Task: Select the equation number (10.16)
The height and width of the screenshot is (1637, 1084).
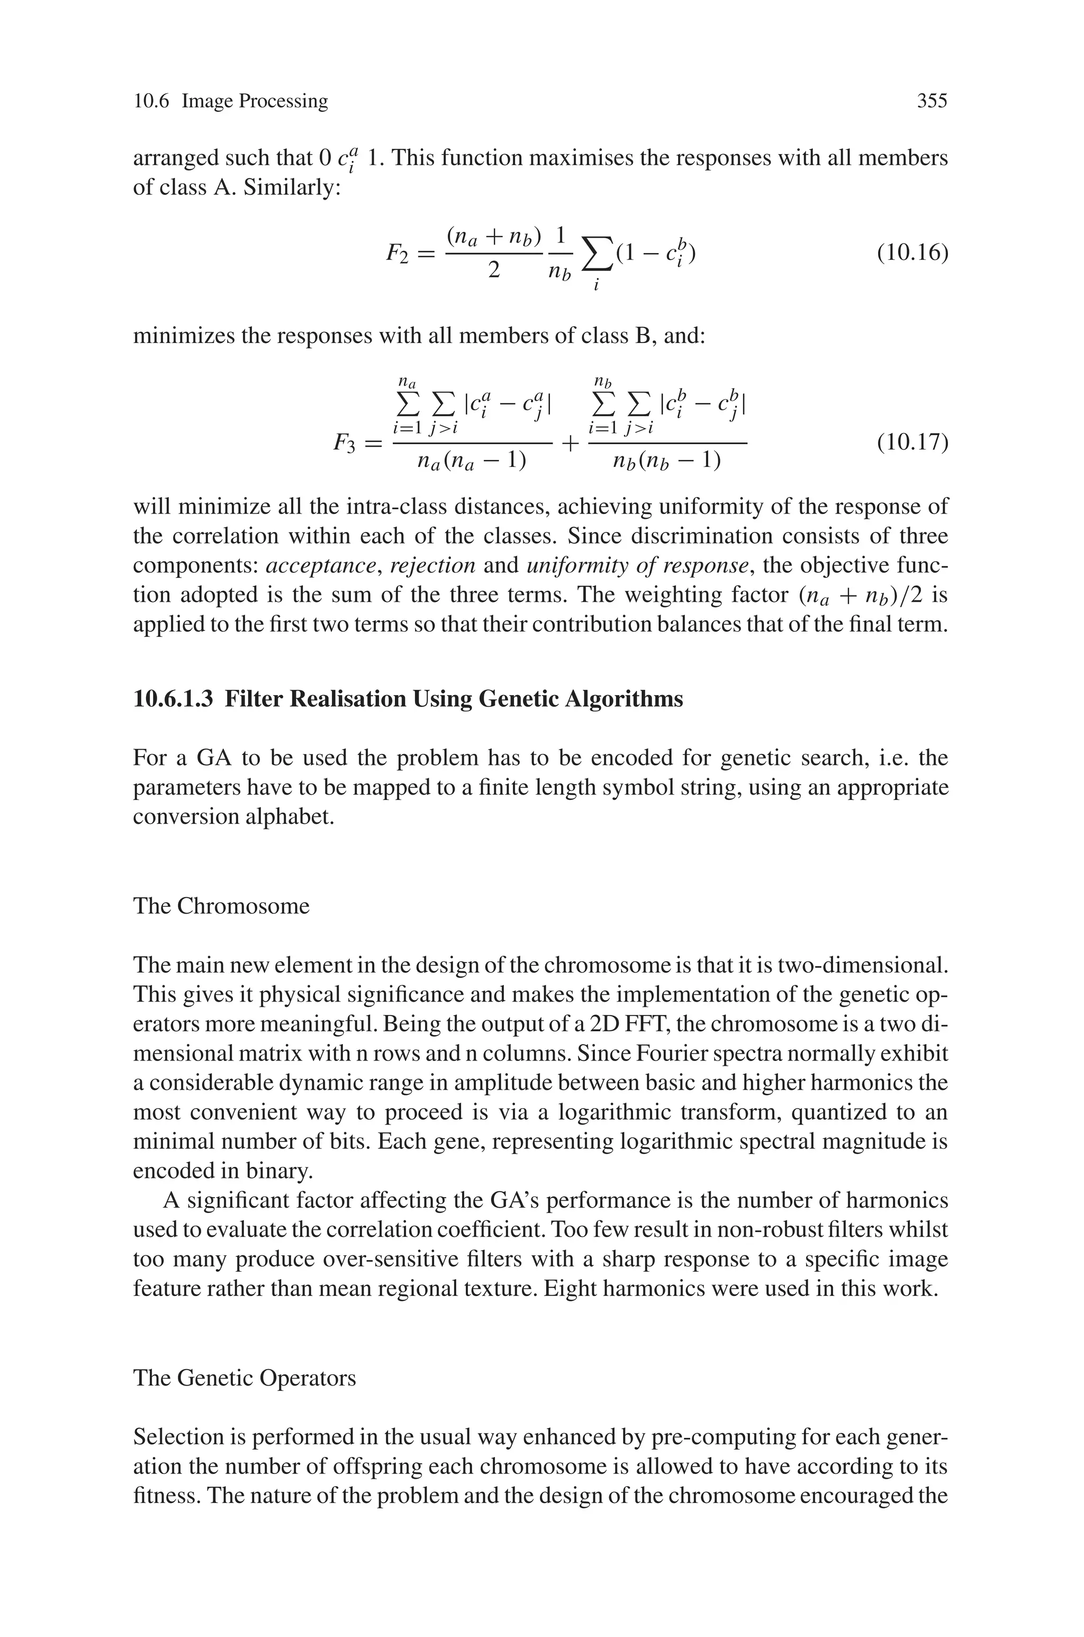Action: click(x=912, y=253)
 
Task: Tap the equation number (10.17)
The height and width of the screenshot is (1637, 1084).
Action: click(x=912, y=441)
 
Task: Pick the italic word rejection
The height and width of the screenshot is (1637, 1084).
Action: click(x=433, y=565)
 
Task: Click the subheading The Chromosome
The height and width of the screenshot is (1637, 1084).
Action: click(x=221, y=906)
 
